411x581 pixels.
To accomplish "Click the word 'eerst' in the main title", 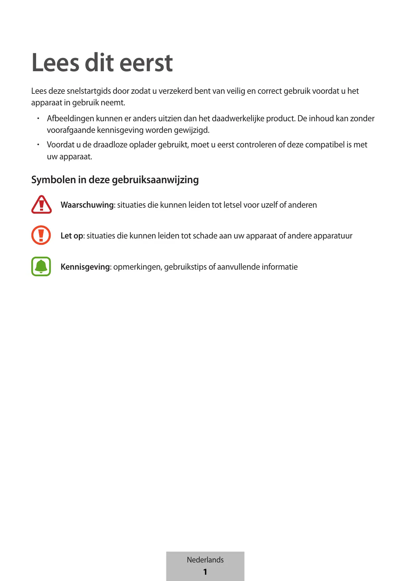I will [146, 63].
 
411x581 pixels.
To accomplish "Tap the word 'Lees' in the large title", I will [55, 63].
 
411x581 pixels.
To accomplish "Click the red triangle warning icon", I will [41, 205].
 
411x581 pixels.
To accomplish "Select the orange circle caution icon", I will [41, 235].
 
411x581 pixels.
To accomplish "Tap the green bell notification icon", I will [41, 266].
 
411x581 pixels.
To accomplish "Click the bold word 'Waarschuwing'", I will [87, 205].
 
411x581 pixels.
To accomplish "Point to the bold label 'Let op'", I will [72, 236].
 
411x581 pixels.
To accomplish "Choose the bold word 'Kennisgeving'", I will [85, 267].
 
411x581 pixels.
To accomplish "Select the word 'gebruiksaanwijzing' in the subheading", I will [155, 180].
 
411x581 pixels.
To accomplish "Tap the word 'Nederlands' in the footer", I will [205, 560].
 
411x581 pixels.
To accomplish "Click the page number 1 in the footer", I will [205, 572].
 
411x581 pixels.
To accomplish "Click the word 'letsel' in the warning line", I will [232, 205].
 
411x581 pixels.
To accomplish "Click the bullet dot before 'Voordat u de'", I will [38, 145].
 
